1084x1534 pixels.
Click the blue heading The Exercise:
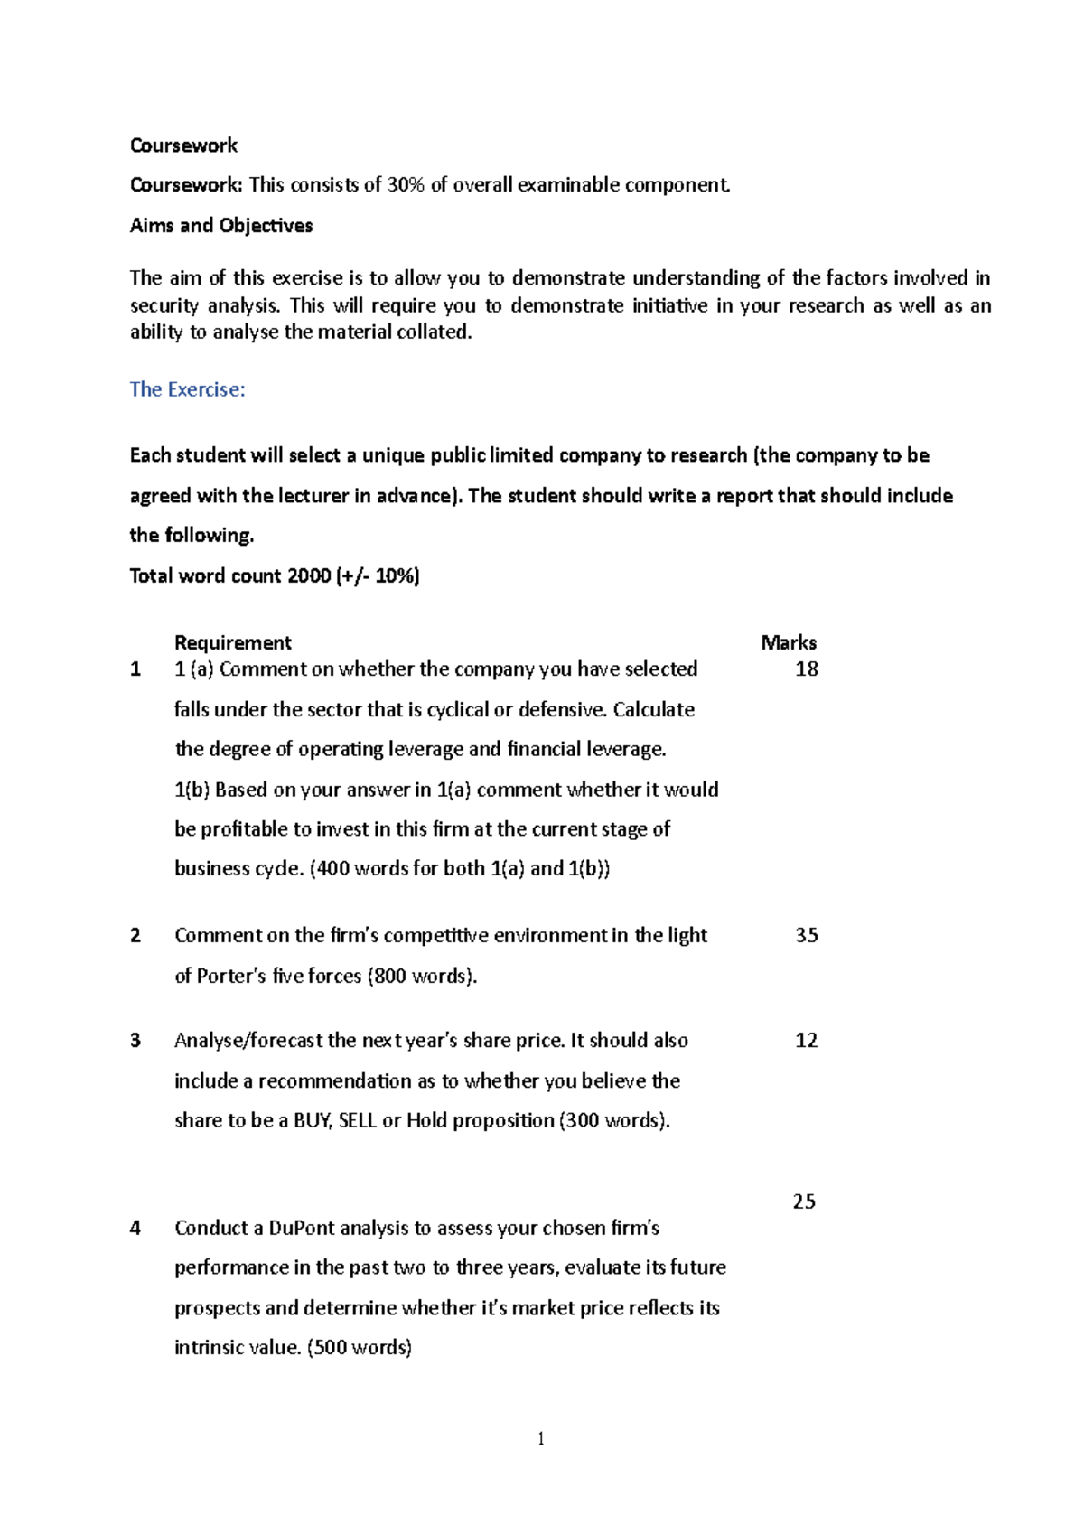point(187,389)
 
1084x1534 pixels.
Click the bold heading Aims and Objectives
point(221,226)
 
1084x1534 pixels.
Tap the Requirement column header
point(232,642)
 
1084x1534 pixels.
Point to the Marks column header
point(788,642)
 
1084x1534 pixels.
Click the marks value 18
point(806,669)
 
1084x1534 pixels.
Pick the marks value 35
point(806,935)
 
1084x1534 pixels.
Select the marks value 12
point(806,1040)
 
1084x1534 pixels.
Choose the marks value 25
point(804,1201)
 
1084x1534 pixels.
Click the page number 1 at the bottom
point(541,1439)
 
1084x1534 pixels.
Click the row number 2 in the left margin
point(135,935)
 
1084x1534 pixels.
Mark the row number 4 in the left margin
point(135,1228)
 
